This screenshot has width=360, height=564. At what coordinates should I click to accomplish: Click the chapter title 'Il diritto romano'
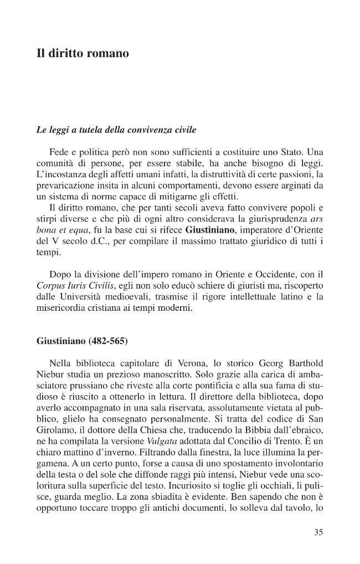coord(83,54)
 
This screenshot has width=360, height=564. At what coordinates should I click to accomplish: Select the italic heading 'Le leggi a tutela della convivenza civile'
coord(116,130)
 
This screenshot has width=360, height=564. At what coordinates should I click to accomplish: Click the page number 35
coord(318,532)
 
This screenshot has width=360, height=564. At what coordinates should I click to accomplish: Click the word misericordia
coord(61,310)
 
